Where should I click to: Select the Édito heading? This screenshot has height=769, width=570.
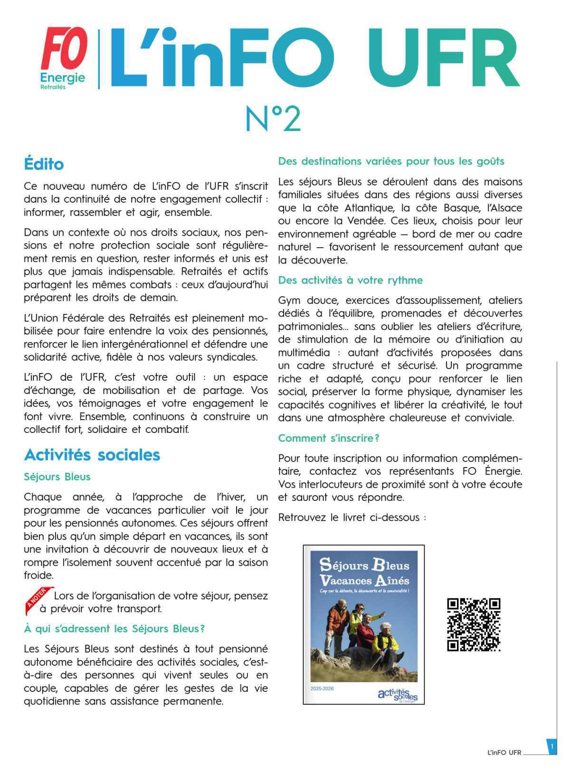tap(44, 164)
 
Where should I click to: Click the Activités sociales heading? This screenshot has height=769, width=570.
tap(92, 455)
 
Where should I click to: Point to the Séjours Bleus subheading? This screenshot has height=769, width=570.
tap(57, 477)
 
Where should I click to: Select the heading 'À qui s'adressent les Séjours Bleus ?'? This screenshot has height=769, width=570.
tap(114, 629)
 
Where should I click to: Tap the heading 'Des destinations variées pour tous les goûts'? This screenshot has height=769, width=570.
tap(391, 161)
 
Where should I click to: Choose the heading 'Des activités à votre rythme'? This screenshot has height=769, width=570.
tap(350, 280)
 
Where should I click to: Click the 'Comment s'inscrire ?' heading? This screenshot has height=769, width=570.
tap(329, 438)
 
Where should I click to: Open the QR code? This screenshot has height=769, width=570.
tap(474, 625)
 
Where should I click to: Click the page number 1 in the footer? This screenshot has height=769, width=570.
tap(552, 747)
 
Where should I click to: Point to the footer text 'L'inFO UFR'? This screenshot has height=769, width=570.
tap(504, 753)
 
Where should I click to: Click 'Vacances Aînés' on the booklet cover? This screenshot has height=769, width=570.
tap(364, 581)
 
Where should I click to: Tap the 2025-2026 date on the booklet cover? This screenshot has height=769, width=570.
tap(322, 689)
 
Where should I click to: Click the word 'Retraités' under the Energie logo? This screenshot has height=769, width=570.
tap(53, 87)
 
